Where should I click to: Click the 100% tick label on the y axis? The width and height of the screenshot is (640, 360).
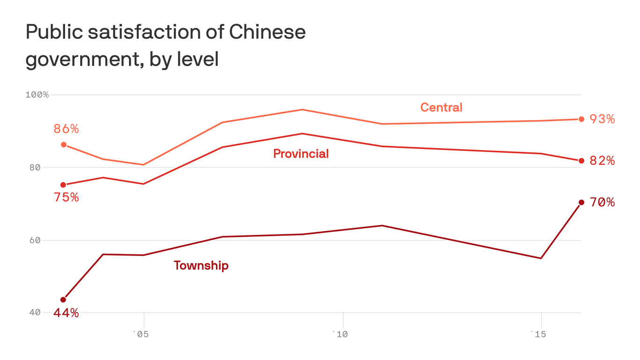coord(37,95)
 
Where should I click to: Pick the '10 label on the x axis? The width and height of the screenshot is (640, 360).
coord(340,334)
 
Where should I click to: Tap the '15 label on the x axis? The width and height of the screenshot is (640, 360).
coord(538,334)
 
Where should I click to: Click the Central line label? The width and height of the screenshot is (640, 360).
coord(441,107)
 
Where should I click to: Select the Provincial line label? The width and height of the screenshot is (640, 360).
coord(301,154)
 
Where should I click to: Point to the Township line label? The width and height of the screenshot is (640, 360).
coord(201,266)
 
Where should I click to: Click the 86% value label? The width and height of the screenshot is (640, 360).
coord(66,129)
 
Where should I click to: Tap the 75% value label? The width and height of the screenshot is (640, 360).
coord(66,198)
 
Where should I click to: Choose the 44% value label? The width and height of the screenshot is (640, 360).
coord(66,313)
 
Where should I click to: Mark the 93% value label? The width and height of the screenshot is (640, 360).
coord(602,120)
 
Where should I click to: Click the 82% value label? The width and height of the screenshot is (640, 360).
coord(602,161)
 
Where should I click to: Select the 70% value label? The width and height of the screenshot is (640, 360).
coord(602,202)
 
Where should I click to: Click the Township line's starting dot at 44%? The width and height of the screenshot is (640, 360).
coord(63,300)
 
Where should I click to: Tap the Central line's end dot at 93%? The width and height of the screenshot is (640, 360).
coord(581,119)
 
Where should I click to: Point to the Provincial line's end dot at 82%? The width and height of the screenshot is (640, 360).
coord(581,161)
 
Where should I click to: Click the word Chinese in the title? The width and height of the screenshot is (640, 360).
coord(268,32)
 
